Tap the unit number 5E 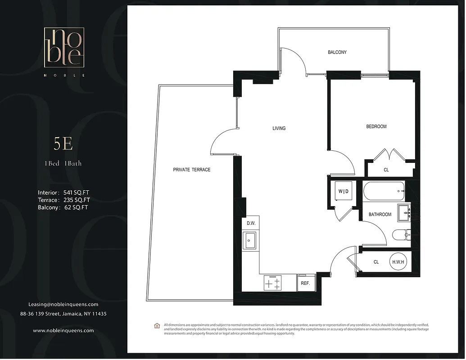(x=63, y=144)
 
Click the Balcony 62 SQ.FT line (x=63, y=207)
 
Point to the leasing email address (x=63, y=304)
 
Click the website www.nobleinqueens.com (x=63, y=330)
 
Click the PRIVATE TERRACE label (x=192, y=170)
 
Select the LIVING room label (x=279, y=128)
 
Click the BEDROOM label (x=376, y=126)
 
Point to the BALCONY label (x=337, y=52)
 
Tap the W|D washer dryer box (x=343, y=192)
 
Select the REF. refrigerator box (x=305, y=283)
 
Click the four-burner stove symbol (x=272, y=283)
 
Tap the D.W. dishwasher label (x=250, y=223)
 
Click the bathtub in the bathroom (x=384, y=192)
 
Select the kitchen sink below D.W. (x=249, y=240)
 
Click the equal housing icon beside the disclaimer (x=157, y=325)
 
